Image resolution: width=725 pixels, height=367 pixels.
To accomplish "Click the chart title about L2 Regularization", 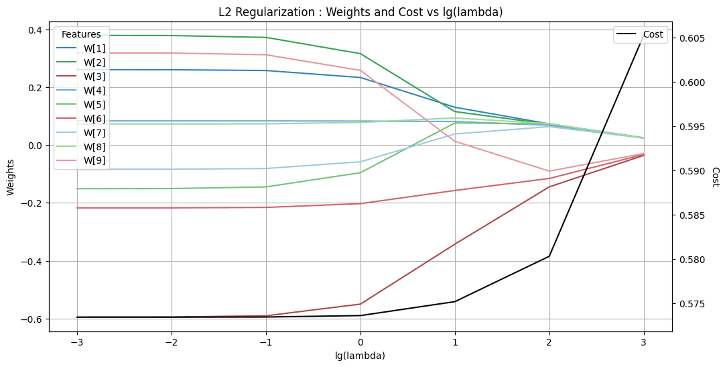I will point(360,12).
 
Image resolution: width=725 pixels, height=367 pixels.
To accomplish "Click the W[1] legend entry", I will point(94,48).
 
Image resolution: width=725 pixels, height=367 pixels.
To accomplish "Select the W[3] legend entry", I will point(94,76).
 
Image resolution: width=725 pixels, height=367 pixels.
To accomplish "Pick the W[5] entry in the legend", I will point(94,105).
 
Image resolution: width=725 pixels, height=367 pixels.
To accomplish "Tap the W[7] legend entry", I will point(94,133).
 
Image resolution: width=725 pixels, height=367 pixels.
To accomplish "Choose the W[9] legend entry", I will point(94,161).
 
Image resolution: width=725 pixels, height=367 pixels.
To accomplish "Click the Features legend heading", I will point(81,34).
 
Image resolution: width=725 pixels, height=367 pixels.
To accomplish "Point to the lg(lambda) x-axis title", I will point(360,356).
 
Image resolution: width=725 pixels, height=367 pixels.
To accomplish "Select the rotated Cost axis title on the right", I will point(715,177).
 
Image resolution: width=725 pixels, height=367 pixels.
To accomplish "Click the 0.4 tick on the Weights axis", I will point(34,30).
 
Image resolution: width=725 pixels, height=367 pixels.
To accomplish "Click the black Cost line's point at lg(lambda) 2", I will point(549,256).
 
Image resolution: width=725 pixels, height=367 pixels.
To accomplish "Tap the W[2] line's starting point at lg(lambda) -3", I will point(77,36).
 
